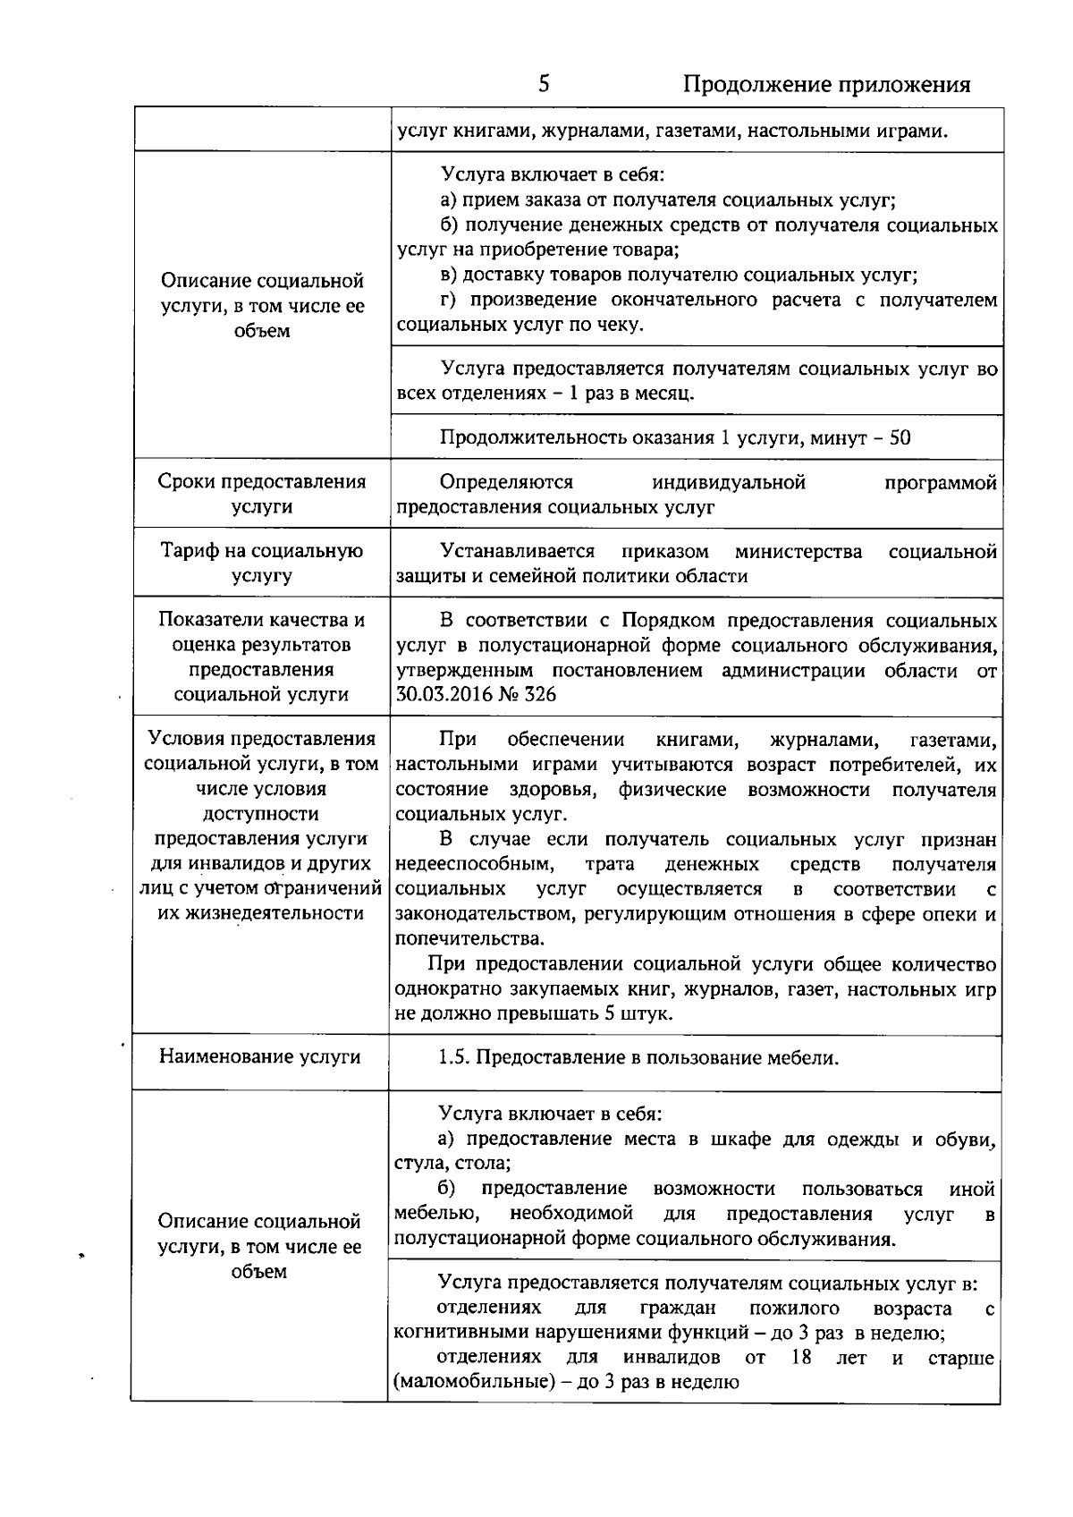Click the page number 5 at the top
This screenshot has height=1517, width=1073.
point(544,84)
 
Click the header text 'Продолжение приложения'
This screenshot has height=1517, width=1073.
point(826,85)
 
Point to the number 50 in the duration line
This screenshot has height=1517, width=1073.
point(900,437)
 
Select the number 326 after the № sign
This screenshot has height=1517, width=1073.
point(539,695)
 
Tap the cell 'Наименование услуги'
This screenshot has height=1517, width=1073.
point(260,1056)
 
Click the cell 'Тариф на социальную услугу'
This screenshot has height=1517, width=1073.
point(261,564)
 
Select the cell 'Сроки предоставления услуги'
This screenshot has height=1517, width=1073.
point(261,494)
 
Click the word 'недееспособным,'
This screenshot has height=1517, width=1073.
point(475,864)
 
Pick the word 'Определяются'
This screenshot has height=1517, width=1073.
point(506,482)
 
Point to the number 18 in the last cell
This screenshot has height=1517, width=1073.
point(800,1358)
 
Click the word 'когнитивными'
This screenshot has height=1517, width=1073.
point(452,1333)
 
